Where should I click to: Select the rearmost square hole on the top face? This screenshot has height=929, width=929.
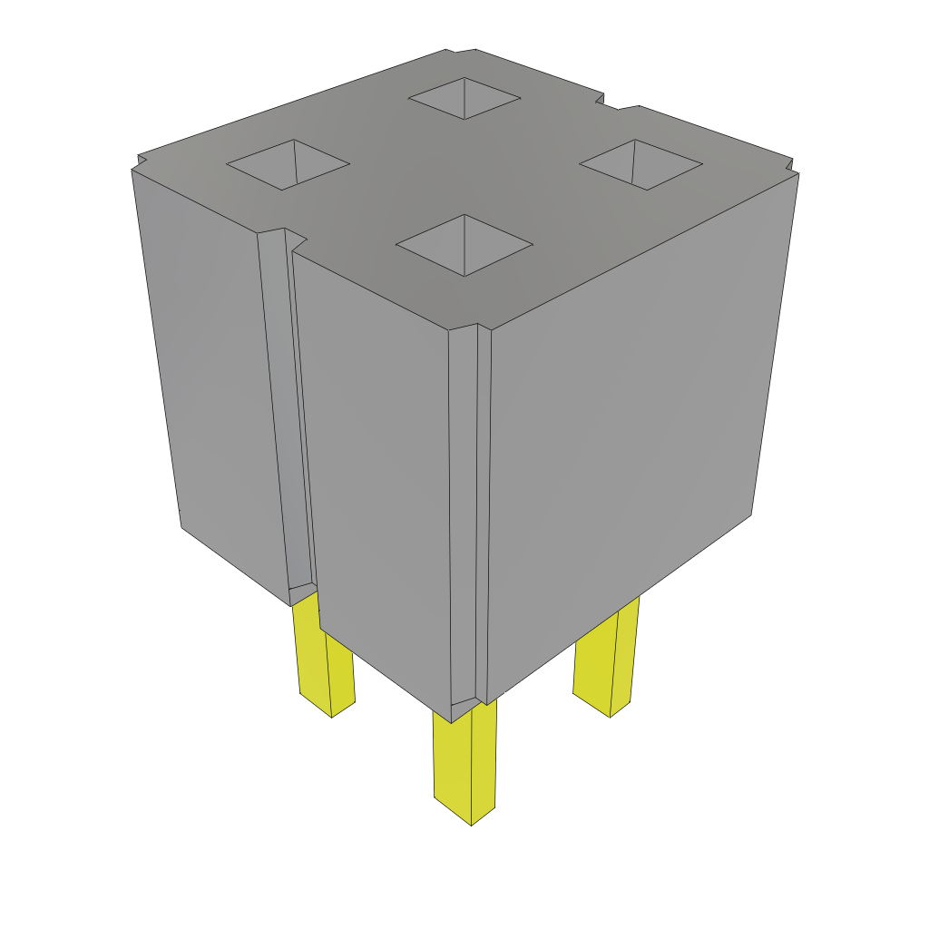coord(464,96)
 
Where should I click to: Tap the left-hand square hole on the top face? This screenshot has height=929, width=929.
coord(288,164)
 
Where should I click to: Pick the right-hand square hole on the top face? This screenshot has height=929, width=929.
coord(641,163)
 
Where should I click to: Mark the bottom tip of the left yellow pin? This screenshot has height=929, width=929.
coord(332,716)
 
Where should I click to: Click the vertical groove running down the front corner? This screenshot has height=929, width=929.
coord(470,517)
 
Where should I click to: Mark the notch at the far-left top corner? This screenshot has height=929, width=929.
coord(139,162)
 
